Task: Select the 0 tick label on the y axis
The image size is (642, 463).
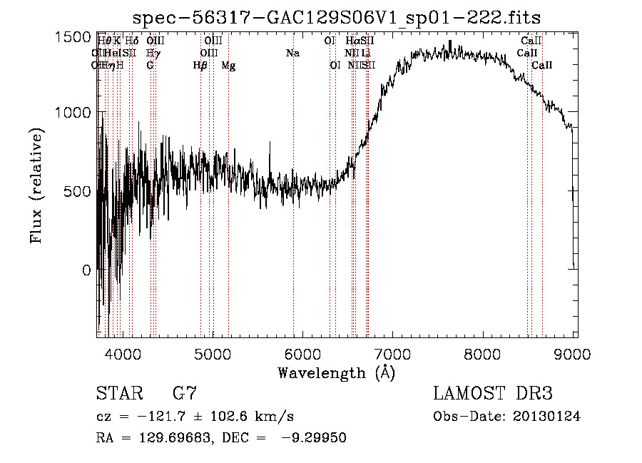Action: click(86, 270)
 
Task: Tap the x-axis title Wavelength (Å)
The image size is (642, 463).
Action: click(336, 372)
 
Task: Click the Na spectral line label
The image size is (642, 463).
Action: click(292, 53)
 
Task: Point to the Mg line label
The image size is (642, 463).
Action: click(228, 66)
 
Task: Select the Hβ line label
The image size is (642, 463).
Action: click(200, 66)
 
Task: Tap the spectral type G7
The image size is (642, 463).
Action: click(185, 394)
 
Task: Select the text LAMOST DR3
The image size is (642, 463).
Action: click(493, 394)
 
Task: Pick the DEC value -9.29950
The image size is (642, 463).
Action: click(315, 438)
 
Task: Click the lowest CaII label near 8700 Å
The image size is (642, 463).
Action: click(542, 66)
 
